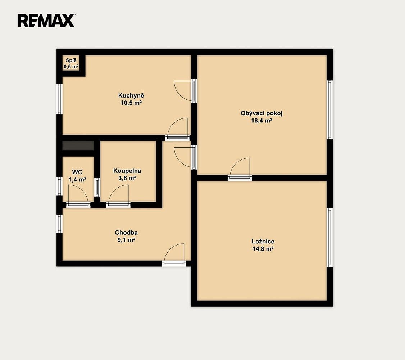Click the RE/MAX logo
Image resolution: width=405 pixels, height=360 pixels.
coord(46,21)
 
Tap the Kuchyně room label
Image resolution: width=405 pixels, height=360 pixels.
coord(131,96)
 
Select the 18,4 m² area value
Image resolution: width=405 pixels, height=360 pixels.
coord(261,121)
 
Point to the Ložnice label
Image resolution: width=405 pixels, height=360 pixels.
coord(263,242)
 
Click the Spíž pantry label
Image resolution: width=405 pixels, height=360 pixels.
coord(71,60)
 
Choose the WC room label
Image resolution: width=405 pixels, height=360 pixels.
coord(77,172)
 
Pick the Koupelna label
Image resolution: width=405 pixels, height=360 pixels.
coord(127,171)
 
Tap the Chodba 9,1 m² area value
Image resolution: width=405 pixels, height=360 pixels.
coord(126,240)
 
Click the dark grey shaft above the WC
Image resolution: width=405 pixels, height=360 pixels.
coord(78,146)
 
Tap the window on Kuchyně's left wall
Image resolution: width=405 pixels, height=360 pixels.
coord(60,99)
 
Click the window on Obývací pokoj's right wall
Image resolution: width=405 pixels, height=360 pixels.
coord(329,109)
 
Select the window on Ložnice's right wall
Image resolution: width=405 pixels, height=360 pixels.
coord(329,237)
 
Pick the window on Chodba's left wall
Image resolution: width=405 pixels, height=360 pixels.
coord(60,224)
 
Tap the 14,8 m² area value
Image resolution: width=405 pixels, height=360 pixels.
coord(263,249)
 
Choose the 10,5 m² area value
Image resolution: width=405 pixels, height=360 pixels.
coord(131,103)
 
